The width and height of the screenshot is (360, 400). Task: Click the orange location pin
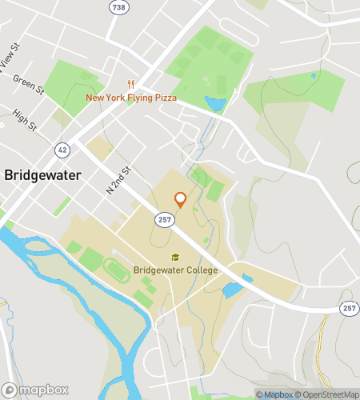point(180,199)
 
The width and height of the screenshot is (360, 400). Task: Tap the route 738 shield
point(118,6)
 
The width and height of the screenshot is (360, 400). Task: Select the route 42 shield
point(62,149)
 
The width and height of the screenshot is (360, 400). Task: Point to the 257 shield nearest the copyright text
point(350,308)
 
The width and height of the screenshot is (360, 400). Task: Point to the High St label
point(26,121)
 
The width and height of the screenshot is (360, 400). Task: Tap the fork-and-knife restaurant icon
point(128,84)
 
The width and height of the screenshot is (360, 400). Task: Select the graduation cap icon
point(175,257)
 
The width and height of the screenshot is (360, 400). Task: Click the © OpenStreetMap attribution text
point(328,394)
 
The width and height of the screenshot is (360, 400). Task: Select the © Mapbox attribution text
point(275,394)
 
